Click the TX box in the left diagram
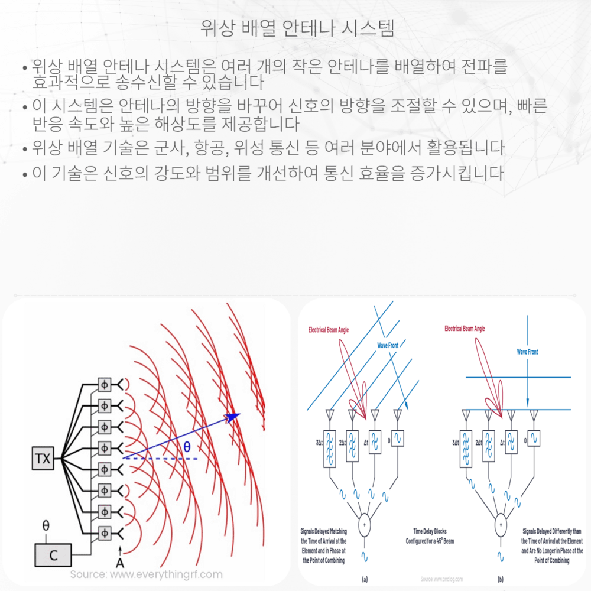43,458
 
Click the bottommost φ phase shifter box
105,531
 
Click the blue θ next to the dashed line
187,448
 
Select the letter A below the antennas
120,561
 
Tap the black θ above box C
46,525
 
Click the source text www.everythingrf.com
146,574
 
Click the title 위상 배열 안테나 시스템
295,28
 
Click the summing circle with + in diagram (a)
364,524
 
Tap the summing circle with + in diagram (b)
501,524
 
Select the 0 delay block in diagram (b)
534,440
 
